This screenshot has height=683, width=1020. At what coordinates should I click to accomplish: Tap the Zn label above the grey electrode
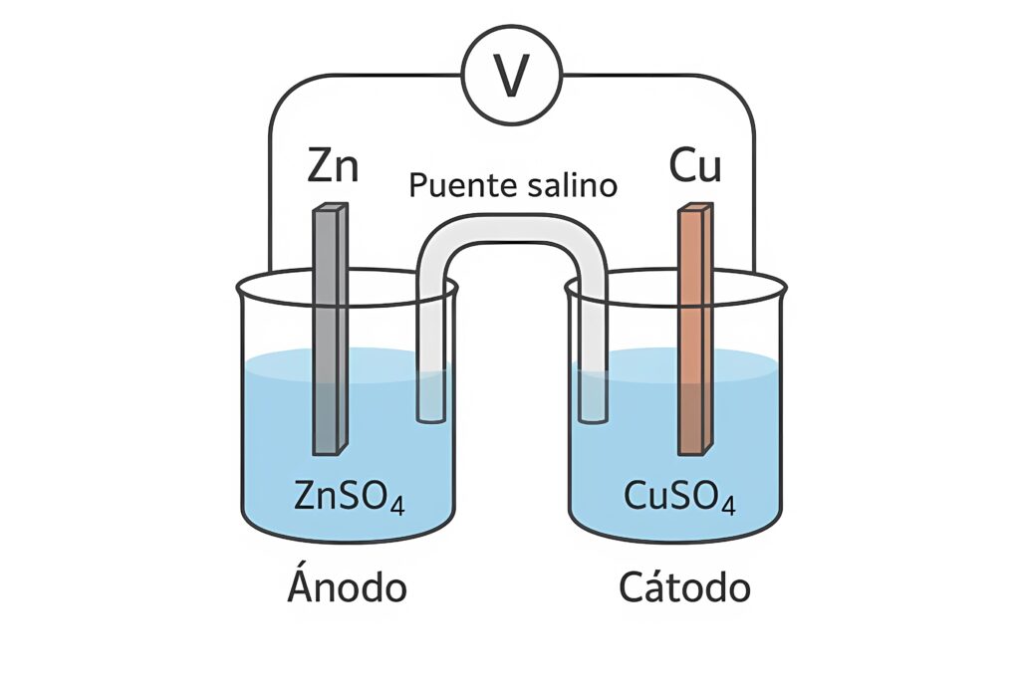pos(333,166)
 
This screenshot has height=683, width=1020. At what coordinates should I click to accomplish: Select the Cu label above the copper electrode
pos(695,166)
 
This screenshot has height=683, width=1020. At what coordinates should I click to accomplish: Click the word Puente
pos(462,186)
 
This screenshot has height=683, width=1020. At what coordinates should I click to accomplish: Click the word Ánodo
pos(347,587)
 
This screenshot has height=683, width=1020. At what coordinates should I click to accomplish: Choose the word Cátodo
pos(684,587)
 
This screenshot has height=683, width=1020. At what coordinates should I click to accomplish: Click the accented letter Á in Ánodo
pos(301,585)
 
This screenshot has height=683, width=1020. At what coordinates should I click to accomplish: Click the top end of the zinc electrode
pos(330,209)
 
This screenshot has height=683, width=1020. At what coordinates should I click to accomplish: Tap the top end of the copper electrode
pos(695,209)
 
